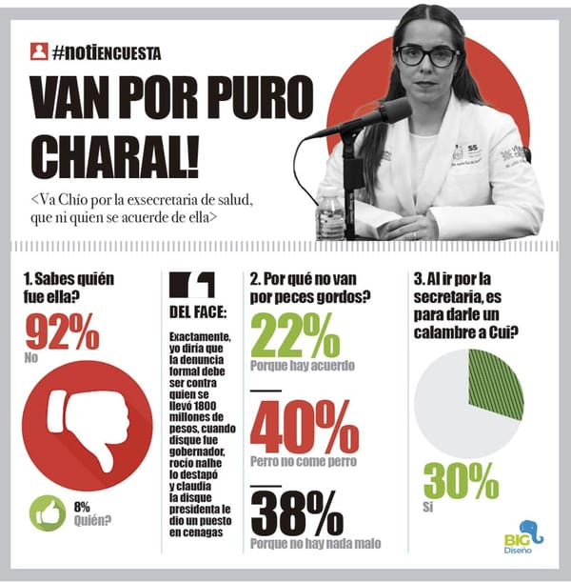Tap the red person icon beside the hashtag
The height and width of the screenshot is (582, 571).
tap(39, 51)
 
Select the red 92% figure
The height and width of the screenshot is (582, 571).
tap(61, 334)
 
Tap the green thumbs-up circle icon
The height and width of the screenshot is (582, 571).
tap(49, 512)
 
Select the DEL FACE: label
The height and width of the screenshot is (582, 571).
tap(197, 311)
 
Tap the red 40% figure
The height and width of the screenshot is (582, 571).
tap(296, 426)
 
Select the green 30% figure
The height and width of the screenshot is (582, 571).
tap(461, 480)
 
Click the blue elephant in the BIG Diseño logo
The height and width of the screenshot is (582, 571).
tap(531, 532)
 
